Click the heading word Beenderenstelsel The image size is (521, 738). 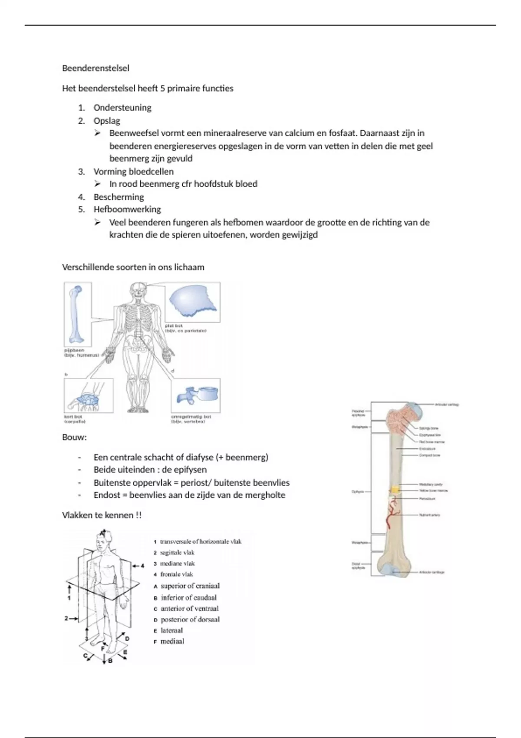click(x=96, y=68)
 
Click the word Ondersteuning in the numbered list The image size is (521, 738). click(x=122, y=108)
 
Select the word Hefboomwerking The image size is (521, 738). click(x=127, y=209)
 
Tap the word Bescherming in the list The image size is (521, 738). click(x=119, y=197)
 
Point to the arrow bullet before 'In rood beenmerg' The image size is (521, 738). click(x=98, y=184)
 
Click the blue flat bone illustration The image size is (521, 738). click(x=192, y=301)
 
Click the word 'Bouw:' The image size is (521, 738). click(x=74, y=437)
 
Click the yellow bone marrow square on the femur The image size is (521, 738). click(x=395, y=490)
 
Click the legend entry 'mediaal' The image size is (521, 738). click(x=172, y=641)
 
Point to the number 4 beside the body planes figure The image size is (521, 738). click(x=142, y=566)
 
